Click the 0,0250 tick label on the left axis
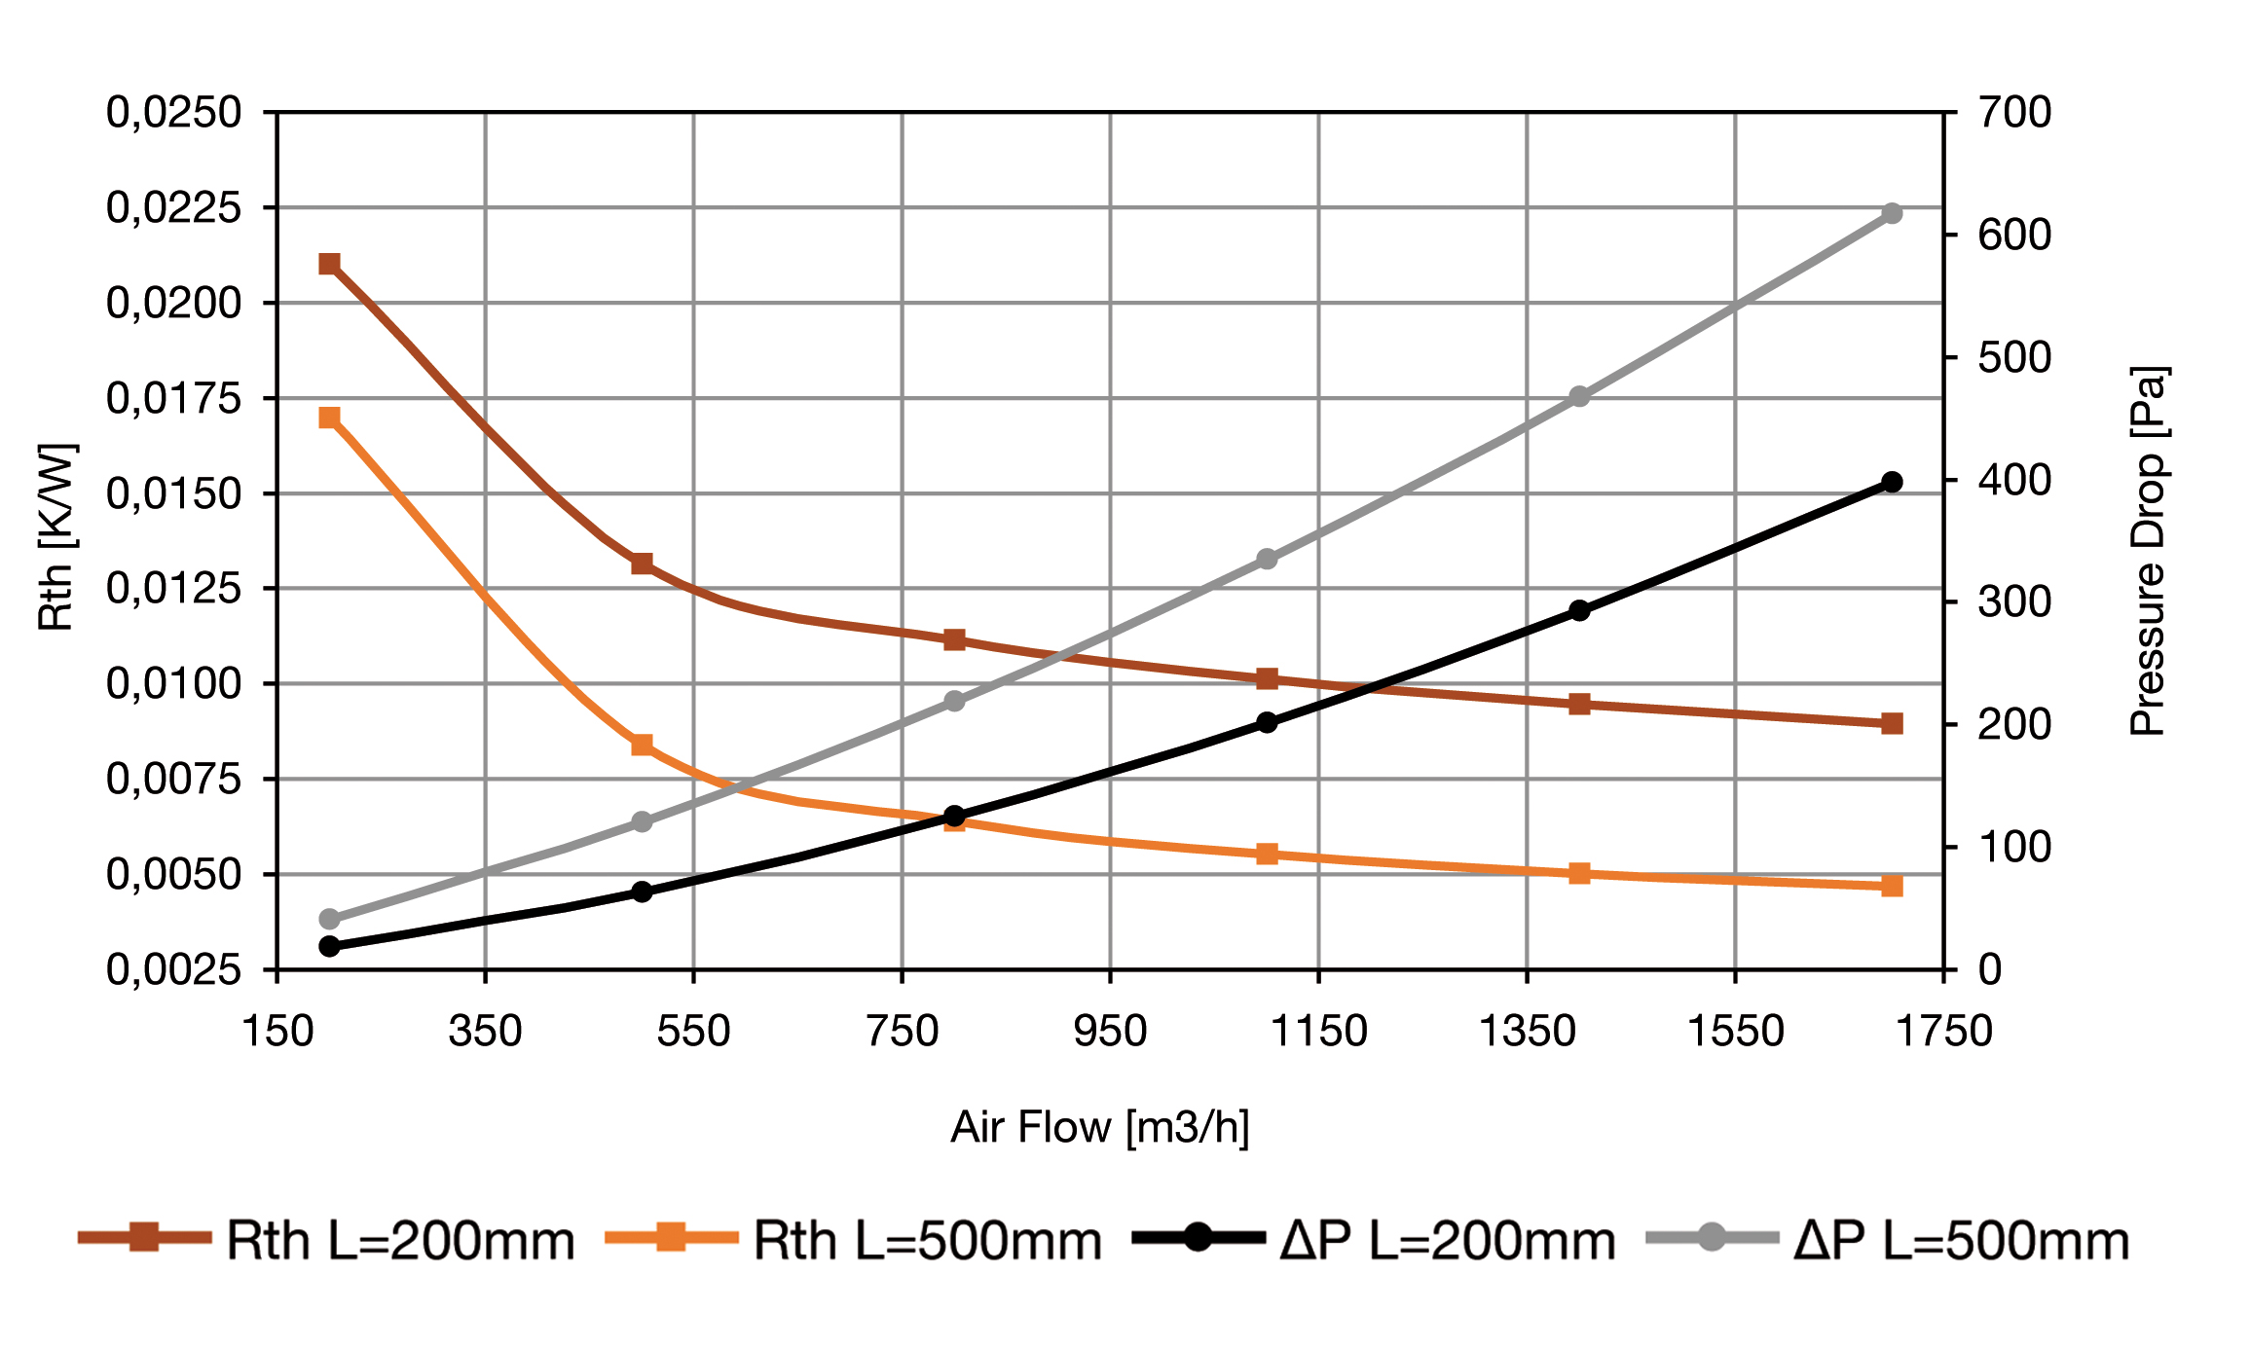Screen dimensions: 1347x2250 [173, 113]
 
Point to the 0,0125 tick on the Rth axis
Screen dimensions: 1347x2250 [173, 589]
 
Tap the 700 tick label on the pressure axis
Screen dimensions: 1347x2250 [2014, 113]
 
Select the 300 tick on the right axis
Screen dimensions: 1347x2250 [2014, 602]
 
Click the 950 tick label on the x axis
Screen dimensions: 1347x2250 [1110, 1032]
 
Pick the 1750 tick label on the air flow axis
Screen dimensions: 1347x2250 [1943, 1032]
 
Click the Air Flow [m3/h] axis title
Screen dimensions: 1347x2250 [1100, 1127]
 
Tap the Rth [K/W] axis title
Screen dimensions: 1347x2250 [55, 537]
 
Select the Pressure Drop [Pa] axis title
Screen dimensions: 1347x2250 [2148, 551]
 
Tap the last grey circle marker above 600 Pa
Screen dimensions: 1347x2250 [1892, 213]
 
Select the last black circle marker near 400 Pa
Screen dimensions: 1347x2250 [1892, 482]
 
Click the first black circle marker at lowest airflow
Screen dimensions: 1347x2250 [329, 946]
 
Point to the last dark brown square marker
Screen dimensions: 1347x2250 [1892, 723]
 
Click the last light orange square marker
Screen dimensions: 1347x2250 [1892, 886]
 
